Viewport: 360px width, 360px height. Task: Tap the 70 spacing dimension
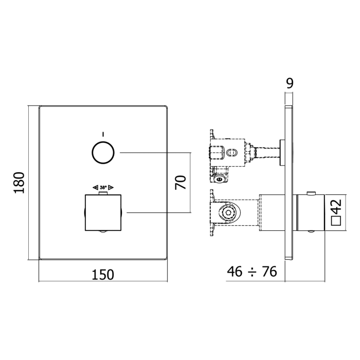point(181,182)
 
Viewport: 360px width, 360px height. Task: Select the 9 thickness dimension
point(290,83)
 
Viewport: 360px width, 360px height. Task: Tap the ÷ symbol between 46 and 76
point(251,272)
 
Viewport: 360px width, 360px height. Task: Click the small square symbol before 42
point(336,221)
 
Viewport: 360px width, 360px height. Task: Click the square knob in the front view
point(103,213)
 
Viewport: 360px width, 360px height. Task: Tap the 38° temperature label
point(103,188)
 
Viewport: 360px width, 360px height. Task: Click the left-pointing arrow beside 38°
point(95,188)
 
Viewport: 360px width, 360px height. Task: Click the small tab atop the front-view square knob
point(103,193)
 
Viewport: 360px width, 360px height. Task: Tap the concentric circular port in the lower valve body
point(227,213)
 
